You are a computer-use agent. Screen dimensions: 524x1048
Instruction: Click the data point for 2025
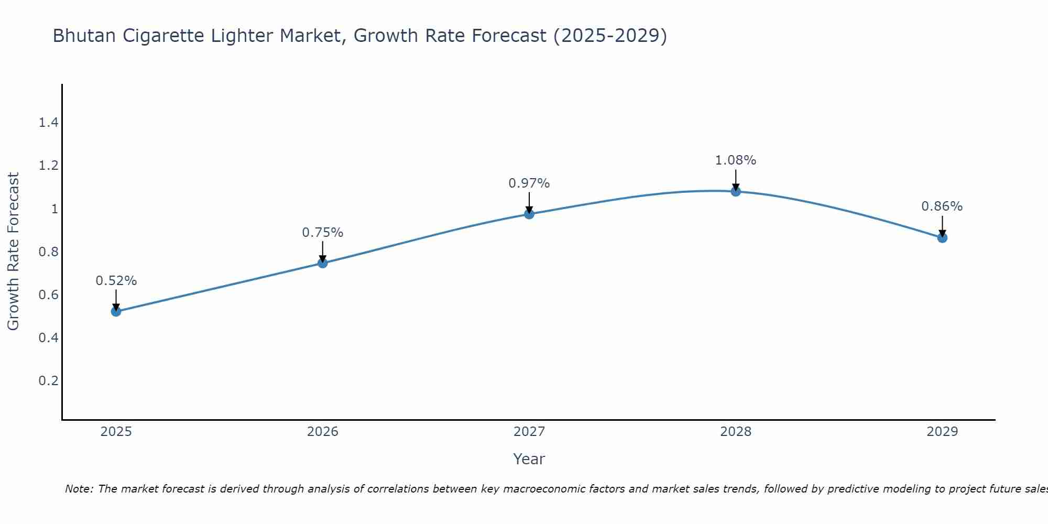tap(116, 311)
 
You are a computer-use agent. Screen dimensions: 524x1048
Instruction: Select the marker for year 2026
tap(323, 263)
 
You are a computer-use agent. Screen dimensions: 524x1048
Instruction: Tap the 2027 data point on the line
tap(529, 214)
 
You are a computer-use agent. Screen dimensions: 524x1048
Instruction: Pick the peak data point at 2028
tap(736, 191)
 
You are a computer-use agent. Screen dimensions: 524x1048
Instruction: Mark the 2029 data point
tap(942, 237)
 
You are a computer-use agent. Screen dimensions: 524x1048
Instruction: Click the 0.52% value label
tap(116, 281)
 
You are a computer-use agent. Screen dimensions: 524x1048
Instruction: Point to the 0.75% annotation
tap(323, 232)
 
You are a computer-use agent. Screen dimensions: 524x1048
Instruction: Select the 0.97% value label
tap(529, 183)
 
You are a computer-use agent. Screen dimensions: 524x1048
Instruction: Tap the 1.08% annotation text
tap(736, 160)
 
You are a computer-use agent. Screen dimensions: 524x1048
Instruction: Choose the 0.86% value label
tap(942, 206)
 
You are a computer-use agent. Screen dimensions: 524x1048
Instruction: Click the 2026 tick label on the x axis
tap(323, 432)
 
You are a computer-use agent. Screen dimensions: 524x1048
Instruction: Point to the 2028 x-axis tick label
tap(736, 432)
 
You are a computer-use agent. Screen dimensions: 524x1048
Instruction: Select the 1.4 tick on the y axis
tap(48, 123)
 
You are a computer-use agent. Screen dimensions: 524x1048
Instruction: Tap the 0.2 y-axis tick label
tap(48, 380)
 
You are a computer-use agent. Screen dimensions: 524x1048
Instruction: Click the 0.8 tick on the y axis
tap(48, 252)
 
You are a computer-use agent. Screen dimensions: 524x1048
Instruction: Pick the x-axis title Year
tap(529, 459)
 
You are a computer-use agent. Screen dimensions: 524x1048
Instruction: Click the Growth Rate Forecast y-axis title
tap(13, 251)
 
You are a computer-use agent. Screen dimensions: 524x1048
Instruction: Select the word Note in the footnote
tap(79, 489)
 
